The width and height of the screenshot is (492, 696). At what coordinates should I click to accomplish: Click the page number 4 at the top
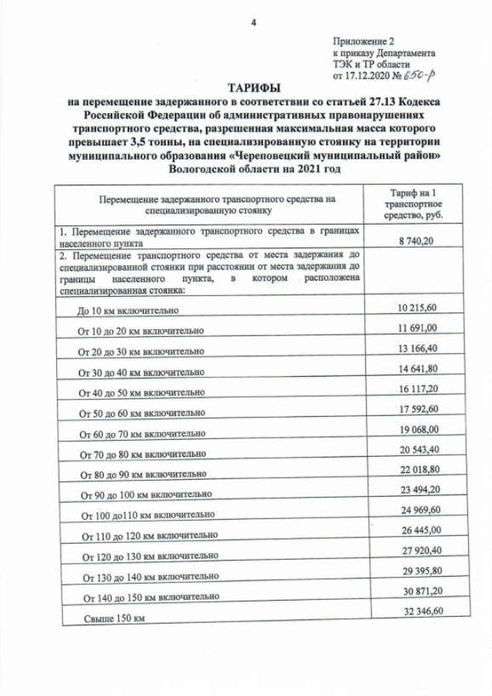point(253,22)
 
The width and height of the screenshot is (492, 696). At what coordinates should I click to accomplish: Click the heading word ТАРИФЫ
point(253,89)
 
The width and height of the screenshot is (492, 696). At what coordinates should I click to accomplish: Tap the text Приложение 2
point(363,40)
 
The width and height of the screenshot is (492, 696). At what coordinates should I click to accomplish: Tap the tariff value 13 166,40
point(418,348)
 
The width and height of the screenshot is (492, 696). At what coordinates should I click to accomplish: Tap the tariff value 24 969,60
point(418,509)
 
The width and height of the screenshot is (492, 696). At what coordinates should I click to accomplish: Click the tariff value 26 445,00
point(418,530)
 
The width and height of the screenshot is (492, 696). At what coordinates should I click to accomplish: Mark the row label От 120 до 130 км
point(145,554)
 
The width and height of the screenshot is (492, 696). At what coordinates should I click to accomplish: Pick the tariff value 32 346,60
point(418,611)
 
